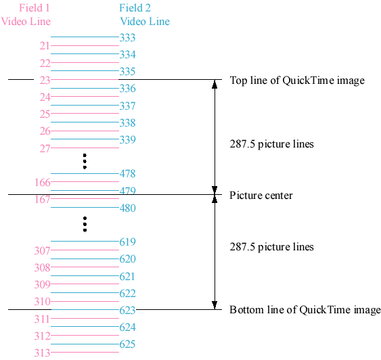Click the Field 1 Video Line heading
pyautogui.click(x=26, y=15)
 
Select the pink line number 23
pyautogui.click(x=45, y=80)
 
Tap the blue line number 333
pyautogui.click(x=127, y=37)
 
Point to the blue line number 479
pyautogui.click(x=127, y=191)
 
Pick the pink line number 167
pyautogui.click(x=42, y=200)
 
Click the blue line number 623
pyautogui.click(x=127, y=311)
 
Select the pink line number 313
pyautogui.click(x=42, y=353)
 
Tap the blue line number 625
pyautogui.click(x=127, y=344)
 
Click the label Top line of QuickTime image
pyautogui.click(x=297, y=81)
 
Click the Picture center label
pyautogui.click(x=261, y=196)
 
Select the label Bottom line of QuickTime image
pyautogui.click(x=305, y=311)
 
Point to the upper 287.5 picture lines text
pyautogui.click(x=271, y=144)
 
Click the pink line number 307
pyautogui.click(x=42, y=251)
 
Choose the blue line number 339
pyautogui.click(x=127, y=139)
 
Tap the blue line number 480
pyautogui.click(x=127, y=208)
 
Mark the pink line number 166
pyautogui.click(x=42, y=182)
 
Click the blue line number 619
pyautogui.click(x=127, y=242)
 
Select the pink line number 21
pyautogui.click(x=45, y=46)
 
